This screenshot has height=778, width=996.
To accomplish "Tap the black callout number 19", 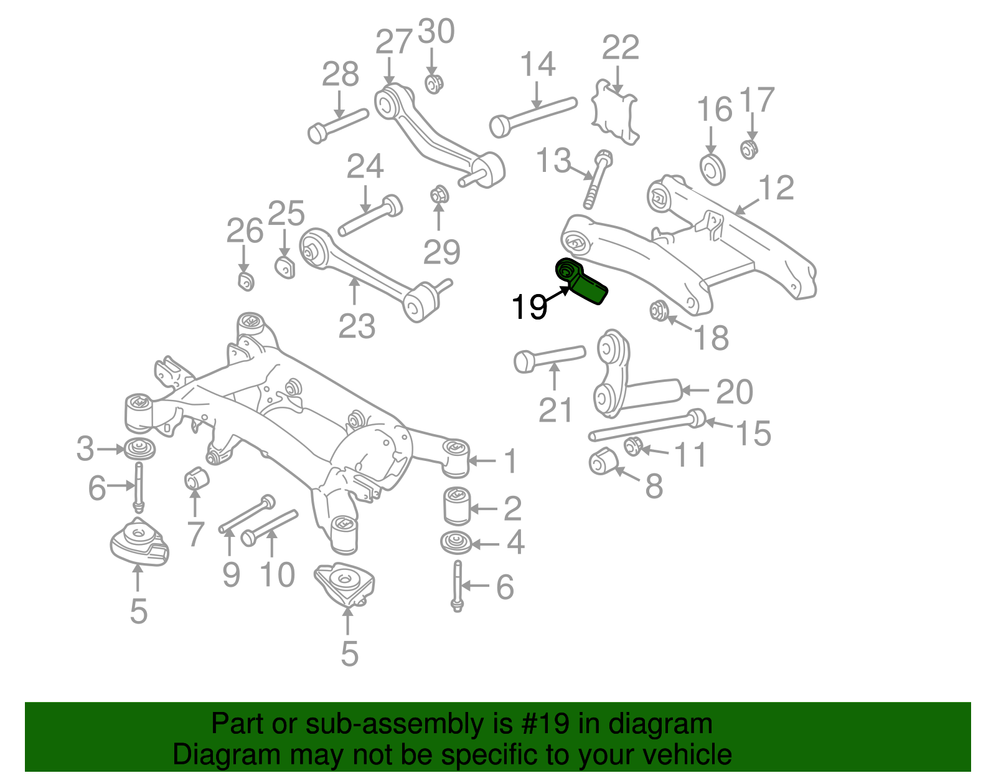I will point(529,306).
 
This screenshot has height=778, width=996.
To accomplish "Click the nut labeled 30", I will point(434,83).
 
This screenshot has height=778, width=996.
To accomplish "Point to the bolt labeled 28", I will point(337,125).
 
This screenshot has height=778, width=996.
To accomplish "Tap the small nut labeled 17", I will point(749,149).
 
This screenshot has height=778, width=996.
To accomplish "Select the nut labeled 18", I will point(659,309).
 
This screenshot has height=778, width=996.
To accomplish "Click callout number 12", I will point(776,188).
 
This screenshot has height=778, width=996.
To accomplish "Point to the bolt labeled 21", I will point(548,358).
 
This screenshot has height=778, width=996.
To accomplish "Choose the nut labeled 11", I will point(633,446).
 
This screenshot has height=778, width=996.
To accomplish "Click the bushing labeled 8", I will point(602,460).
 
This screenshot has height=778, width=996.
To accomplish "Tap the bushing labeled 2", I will point(456,506).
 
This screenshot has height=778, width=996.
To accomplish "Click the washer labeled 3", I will point(139,448).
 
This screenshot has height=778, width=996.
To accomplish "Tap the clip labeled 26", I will point(246,281).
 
